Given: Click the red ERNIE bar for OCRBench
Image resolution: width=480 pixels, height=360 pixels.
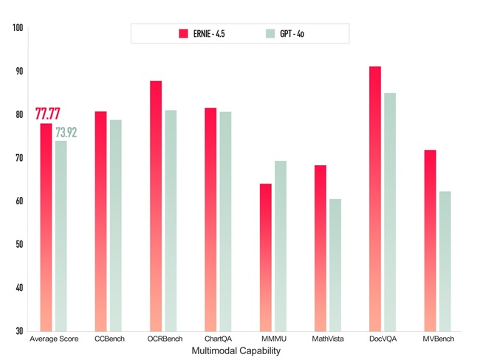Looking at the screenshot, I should [156, 206].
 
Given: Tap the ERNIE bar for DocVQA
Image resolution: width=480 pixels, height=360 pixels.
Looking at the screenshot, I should [375, 198].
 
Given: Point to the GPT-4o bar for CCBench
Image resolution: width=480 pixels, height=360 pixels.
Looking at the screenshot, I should [115, 225].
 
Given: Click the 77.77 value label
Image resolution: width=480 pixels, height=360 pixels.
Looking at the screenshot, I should [48, 114].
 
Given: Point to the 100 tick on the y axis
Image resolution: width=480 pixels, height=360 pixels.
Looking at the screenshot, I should [18, 28].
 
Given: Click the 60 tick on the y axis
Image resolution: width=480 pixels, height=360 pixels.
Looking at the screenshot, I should [18, 201].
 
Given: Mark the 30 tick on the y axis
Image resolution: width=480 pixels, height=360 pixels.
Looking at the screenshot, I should [18, 330].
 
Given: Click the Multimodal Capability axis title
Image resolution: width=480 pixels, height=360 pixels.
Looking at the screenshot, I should [236, 351].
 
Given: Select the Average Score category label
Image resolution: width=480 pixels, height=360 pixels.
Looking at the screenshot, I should [53, 339].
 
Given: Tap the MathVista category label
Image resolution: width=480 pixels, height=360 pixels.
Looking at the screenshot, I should [327, 339].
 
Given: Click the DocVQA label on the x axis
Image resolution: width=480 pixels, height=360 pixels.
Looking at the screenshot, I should [382, 339].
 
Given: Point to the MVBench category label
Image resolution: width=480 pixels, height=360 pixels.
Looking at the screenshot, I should [439, 339].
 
